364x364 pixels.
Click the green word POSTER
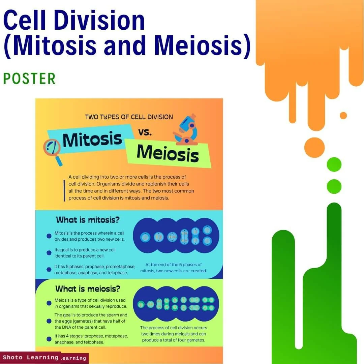29,79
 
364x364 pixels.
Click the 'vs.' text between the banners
145,132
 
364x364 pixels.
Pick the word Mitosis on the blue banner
92,139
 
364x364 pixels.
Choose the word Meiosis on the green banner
168,153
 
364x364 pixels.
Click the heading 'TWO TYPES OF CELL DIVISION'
129,117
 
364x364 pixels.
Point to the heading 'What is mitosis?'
88,220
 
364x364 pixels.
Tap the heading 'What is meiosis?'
88,289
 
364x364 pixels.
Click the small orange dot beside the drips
343,116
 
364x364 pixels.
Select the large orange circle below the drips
314,147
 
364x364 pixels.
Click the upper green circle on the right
334,164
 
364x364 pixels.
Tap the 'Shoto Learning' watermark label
31,357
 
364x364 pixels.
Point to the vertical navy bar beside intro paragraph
64,190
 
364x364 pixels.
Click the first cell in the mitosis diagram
145,237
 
